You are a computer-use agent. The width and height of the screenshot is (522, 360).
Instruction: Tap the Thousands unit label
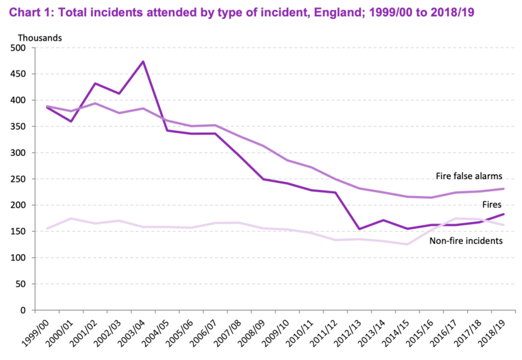point(40,38)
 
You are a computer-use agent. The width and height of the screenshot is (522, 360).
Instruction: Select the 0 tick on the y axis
point(31,311)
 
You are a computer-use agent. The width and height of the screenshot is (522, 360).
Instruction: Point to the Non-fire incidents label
point(466,241)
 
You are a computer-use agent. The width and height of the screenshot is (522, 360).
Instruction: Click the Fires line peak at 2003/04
point(143,62)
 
